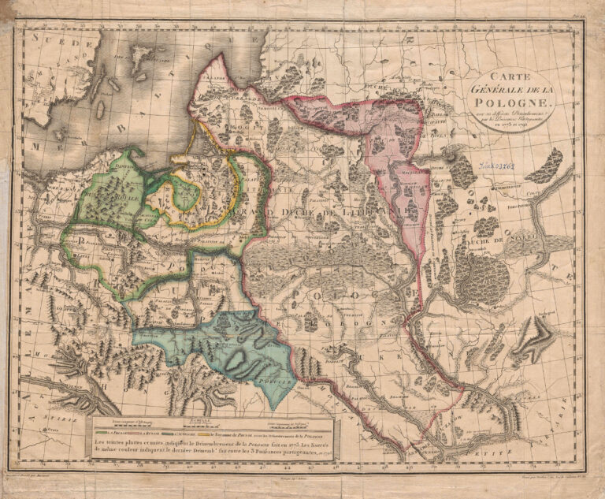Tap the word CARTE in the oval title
click(503, 76)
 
